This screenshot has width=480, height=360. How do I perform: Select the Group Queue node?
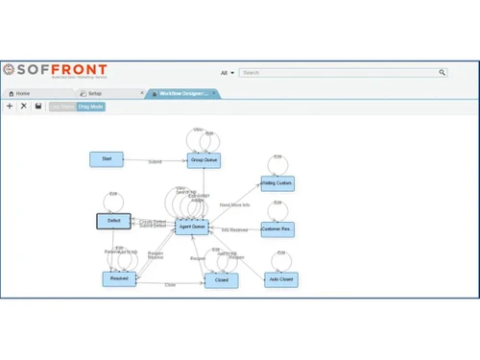[204, 159]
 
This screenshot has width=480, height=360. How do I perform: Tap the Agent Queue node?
[191, 227]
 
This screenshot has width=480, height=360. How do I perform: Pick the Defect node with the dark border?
[113, 222]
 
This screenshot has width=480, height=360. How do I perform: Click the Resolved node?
[119, 278]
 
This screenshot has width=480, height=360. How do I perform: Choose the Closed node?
[221, 279]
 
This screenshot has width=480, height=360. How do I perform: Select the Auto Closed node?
[280, 279]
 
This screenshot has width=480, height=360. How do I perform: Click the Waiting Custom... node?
[276, 183]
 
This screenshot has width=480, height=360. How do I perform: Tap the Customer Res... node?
[276, 229]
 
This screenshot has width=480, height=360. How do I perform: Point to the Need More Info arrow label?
[233, 205]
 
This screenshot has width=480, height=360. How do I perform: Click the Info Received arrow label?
[235, 230]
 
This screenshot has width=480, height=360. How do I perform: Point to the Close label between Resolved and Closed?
[170, 284]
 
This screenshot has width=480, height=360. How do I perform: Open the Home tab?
[23, 93]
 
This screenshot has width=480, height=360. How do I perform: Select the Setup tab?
[95, 93]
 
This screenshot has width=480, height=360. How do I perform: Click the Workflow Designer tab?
[183, 93]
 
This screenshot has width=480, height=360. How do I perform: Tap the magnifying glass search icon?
[443, 72]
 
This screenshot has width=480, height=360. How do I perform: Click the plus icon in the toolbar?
[10, 107]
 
